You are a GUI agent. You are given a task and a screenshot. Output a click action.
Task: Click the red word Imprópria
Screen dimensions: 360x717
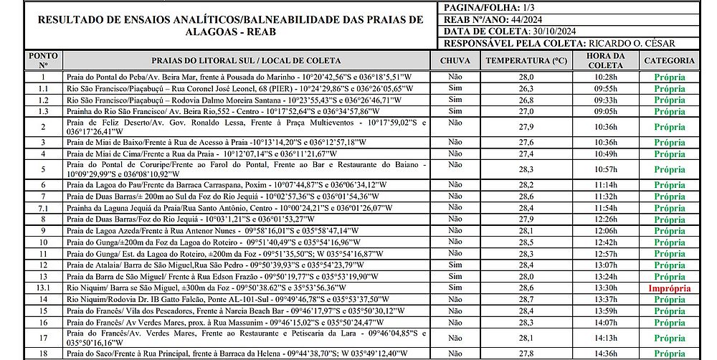[x=669, y=288]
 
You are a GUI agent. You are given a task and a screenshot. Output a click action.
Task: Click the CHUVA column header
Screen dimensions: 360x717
[x=455, y=61]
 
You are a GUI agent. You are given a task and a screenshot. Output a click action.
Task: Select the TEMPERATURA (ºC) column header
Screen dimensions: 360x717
[x=526, y=61]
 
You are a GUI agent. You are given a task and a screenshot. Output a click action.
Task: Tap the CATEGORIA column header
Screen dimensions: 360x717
[x=669, y=61]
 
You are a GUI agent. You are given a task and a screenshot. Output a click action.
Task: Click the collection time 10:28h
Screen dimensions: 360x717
[x=606, y=77]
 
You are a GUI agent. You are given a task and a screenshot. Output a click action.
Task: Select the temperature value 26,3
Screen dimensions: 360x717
[x=526, y=89]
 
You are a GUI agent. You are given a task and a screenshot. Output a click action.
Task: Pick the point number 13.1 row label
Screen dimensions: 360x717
[x=43, y=288]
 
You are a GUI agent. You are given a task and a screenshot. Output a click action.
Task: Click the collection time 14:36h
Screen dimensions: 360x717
[x=606, y=354]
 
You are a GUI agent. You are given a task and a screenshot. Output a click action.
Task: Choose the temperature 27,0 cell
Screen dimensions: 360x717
[x=526, y=112]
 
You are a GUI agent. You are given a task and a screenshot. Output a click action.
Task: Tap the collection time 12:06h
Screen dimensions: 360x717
[x=606, y=231]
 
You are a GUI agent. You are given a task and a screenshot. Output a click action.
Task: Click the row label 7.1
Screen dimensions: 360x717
[x=43, y=208]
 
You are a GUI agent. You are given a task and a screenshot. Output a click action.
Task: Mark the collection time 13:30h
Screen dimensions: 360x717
[x=606, y=288]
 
